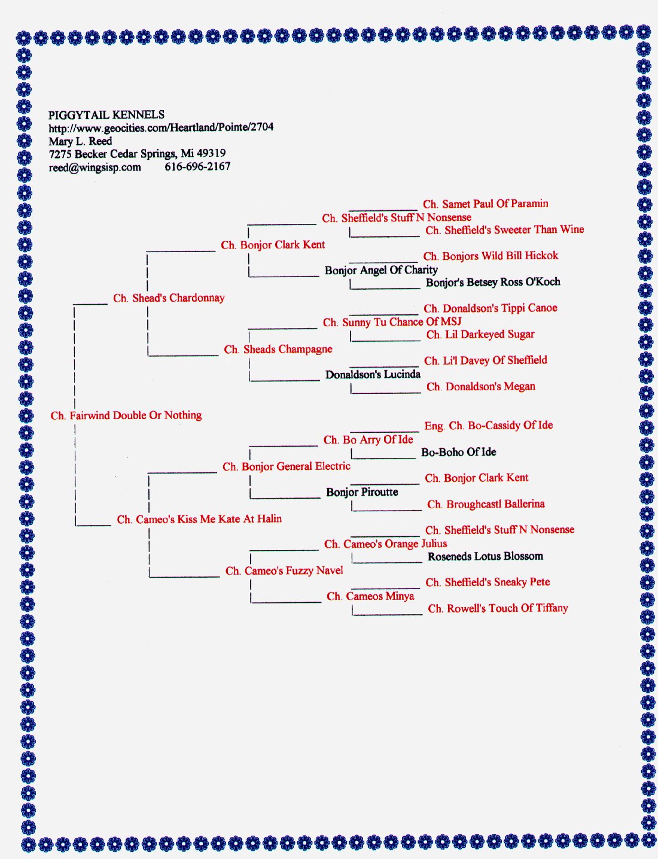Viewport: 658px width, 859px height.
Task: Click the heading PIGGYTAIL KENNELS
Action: click(106, 115)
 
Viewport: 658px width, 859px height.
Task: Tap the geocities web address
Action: click(161, 128)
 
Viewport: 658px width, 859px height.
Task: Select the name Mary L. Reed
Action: click(80, 141)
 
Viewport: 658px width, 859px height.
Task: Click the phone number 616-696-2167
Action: click(197, 166)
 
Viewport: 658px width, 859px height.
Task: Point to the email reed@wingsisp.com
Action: click(95, 168)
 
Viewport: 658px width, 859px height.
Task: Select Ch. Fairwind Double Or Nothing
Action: click(126, 415)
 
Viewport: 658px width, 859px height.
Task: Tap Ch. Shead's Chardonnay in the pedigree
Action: click(169, 298)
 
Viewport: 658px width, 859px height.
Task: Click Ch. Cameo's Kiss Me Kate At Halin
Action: click(199, 519)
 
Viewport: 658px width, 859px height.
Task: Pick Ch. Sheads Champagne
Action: click(278, 350)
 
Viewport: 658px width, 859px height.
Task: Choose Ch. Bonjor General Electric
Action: click(287, 466)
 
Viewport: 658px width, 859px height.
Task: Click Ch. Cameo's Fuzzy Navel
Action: click(284, 571)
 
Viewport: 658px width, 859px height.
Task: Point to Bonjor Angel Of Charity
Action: click(381, 271)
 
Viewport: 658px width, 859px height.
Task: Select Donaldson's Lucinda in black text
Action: click(373, 374)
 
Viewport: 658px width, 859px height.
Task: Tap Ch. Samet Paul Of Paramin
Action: click(485, 204)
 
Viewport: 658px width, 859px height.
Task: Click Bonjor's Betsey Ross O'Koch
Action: click(493, 283)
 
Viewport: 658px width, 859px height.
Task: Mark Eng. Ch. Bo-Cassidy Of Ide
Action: click(489, 426)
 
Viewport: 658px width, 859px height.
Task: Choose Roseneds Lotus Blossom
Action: click(485, 557)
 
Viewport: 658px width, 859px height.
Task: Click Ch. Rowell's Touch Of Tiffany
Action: click(498, 608)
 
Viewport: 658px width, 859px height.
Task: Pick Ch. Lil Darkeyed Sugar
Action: click(480, 335)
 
